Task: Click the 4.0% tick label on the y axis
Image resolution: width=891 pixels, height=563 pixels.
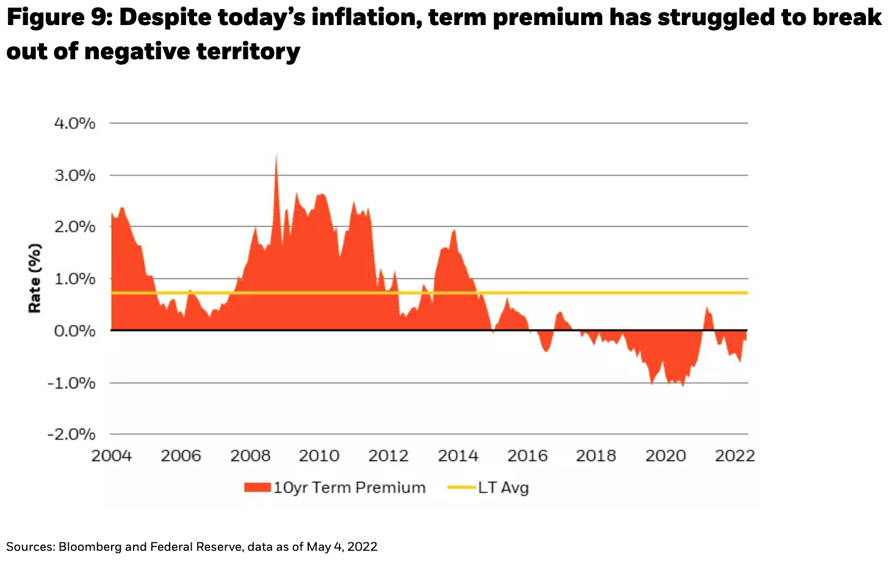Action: pos(75,123)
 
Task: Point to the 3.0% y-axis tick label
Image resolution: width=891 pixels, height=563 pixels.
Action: pos(75,176)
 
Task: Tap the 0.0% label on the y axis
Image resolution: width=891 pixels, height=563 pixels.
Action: pos(75,331)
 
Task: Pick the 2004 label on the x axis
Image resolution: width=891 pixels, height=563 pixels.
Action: pos(112,456)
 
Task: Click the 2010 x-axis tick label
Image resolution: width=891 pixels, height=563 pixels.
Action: pos(319,456)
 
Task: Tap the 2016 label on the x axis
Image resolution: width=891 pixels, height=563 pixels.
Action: pos(527,456)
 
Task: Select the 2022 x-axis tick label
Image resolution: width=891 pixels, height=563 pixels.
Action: pos(735,456)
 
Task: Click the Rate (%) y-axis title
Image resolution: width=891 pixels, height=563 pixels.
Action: pos(35,278)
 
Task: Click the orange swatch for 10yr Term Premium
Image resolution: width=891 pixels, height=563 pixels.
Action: pos(257,487)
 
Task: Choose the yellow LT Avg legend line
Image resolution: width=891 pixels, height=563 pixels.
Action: pos(461,487)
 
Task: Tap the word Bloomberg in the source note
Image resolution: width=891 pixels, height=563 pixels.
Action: pos(90,547)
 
